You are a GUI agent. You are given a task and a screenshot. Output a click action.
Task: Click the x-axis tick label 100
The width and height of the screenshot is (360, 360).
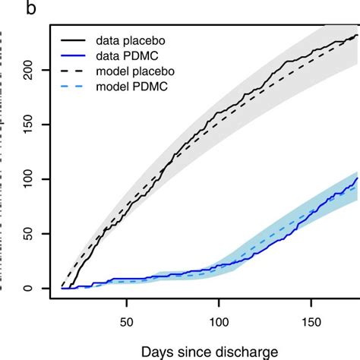[219, 321]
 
